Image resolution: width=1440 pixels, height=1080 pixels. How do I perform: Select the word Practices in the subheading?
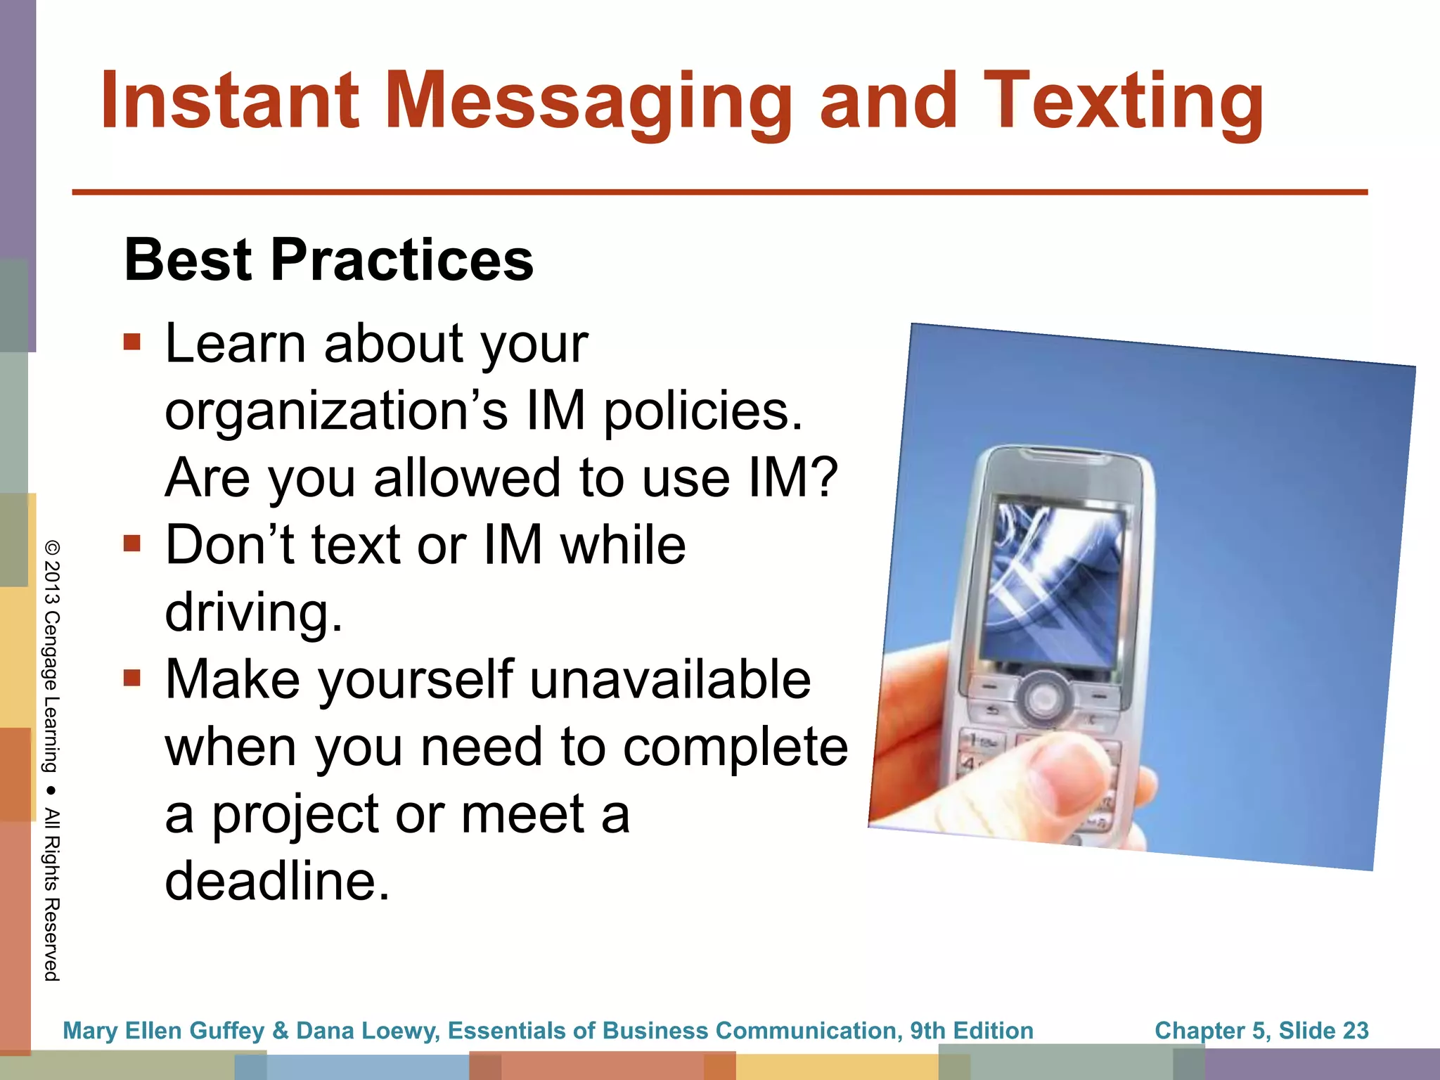tap(402, 260)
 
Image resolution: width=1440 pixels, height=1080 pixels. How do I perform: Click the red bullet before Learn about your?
tap(132, 342)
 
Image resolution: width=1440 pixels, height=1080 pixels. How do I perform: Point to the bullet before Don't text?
tap(132, 544)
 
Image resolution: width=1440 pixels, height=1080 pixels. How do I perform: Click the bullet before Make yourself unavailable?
tap(132, 678)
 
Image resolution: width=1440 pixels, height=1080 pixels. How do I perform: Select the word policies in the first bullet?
tap(703, 411)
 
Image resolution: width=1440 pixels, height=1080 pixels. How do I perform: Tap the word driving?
tap(253, 612)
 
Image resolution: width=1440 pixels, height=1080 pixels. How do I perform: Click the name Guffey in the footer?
tap(226, 1031)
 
